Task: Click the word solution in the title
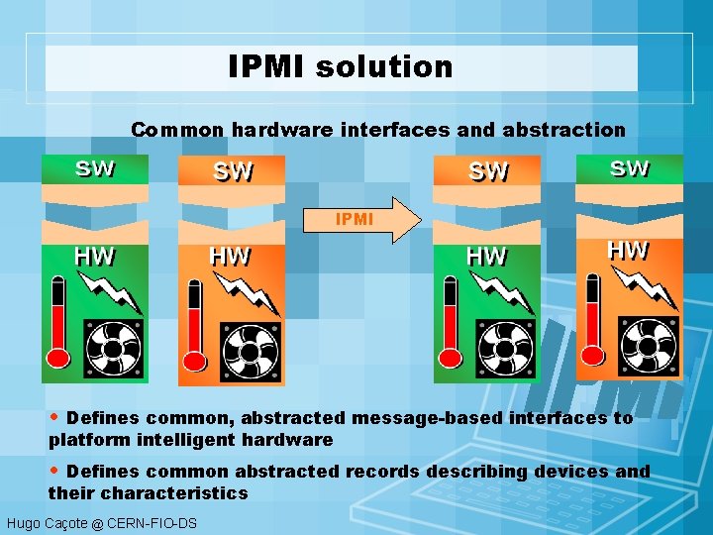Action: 385,67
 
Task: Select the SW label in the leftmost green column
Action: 95,168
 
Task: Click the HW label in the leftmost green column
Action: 95,256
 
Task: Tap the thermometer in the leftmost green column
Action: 58,322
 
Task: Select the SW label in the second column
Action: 233,172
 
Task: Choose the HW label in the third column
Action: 487,257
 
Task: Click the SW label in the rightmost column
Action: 630,168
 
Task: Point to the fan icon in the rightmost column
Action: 650,346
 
